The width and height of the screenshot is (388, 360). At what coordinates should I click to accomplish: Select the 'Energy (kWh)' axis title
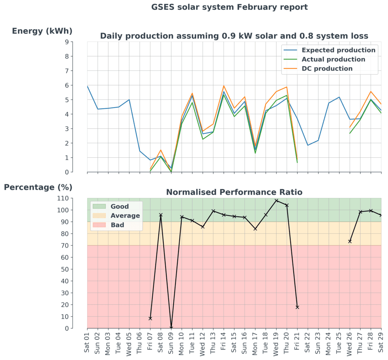42,31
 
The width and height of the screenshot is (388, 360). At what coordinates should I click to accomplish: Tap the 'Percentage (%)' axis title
38,187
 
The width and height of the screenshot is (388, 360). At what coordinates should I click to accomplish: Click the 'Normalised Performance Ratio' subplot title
234,192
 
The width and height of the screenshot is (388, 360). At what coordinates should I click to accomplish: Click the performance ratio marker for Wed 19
276,200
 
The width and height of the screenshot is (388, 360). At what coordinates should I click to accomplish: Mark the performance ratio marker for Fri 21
297,307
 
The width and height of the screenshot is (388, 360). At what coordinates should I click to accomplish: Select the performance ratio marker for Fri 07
150,318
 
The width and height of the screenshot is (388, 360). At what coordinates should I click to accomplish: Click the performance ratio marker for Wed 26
350,241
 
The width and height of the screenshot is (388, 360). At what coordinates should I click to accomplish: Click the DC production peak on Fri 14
224,86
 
